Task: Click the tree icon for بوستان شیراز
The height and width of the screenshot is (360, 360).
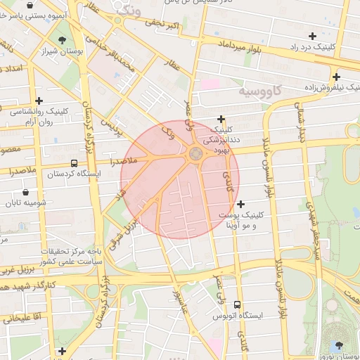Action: click(x=63, y=40)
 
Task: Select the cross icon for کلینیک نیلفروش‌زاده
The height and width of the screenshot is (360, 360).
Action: click(x=337, y=77)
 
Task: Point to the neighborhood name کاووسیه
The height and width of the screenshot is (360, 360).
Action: click(x=260, y=91)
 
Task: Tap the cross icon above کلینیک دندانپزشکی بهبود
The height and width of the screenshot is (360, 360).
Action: click(x=222, y=119)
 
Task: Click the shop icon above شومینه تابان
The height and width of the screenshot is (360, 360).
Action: click(x=26, y=192)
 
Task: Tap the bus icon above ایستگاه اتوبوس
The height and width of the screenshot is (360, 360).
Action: click(x=237, y=305)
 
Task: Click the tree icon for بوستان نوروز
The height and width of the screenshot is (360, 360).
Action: click(x=340, y=345)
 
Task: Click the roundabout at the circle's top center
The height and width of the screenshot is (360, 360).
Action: click(x=195, y=154)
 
